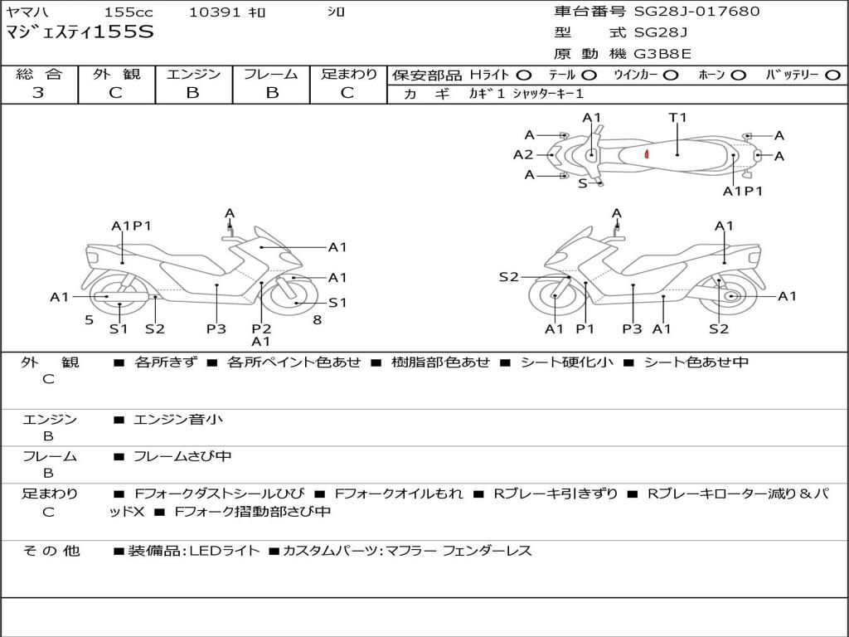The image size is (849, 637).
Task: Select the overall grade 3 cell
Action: pyautogui.click(x=38, y=93)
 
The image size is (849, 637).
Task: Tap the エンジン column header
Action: pyautogui.click(x=193, y=75)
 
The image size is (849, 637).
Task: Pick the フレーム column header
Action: pyautogui.click(x=271, y=75)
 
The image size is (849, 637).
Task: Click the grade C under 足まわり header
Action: pyautogui.click(x=347, y=93)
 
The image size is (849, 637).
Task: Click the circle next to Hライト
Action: pyautogui.click(x=524, y=75)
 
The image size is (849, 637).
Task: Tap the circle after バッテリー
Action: pyautogui.click(x=832, y=75)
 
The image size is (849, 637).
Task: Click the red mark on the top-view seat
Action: pyautogui.click(x=646, y=153)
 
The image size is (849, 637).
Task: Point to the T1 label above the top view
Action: pyautogui.click(x=678, y=118)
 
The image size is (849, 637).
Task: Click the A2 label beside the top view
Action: pyautogui.click(x=523, y=154)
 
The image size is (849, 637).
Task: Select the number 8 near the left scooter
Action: pyautogui.click(x=317, y=320)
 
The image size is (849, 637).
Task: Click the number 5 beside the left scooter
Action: pyautogui.click(x=89, y=320)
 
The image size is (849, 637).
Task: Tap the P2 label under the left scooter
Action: pyautogui.click(x=261, y=328)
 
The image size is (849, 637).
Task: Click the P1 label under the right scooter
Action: pyautogui.click(x=585, y=328)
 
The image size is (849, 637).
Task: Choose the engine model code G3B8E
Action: pyautogui.click(x=662, y=54)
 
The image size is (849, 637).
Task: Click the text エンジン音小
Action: pyautogui.click(x=178, y=420)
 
